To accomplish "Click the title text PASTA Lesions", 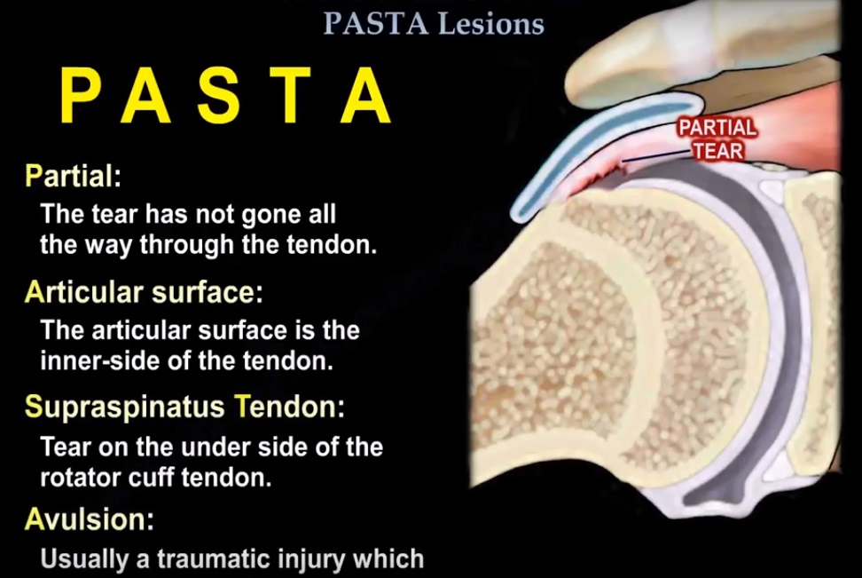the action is [x=433, y=24].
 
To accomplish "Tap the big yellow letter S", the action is [x=219, y=95].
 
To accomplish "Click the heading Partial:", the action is [x=73, y=176].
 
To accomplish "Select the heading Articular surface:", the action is [x=144, y=292].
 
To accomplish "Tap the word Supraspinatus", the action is [x=125, y=408].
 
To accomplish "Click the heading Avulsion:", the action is [x=90, y=519].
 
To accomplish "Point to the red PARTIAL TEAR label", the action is [x=718, y=139].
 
